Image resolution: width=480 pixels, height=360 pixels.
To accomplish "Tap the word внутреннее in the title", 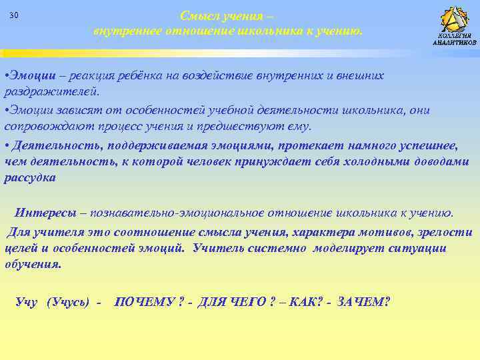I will pos(122,31).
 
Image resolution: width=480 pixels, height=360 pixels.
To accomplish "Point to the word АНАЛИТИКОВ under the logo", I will pos(455,42).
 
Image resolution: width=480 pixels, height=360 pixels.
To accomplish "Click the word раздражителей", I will pos(51,91).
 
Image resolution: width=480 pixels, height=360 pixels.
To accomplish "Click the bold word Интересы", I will pos(45,213).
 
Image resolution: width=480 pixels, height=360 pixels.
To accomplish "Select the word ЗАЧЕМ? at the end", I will pos(363,301).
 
